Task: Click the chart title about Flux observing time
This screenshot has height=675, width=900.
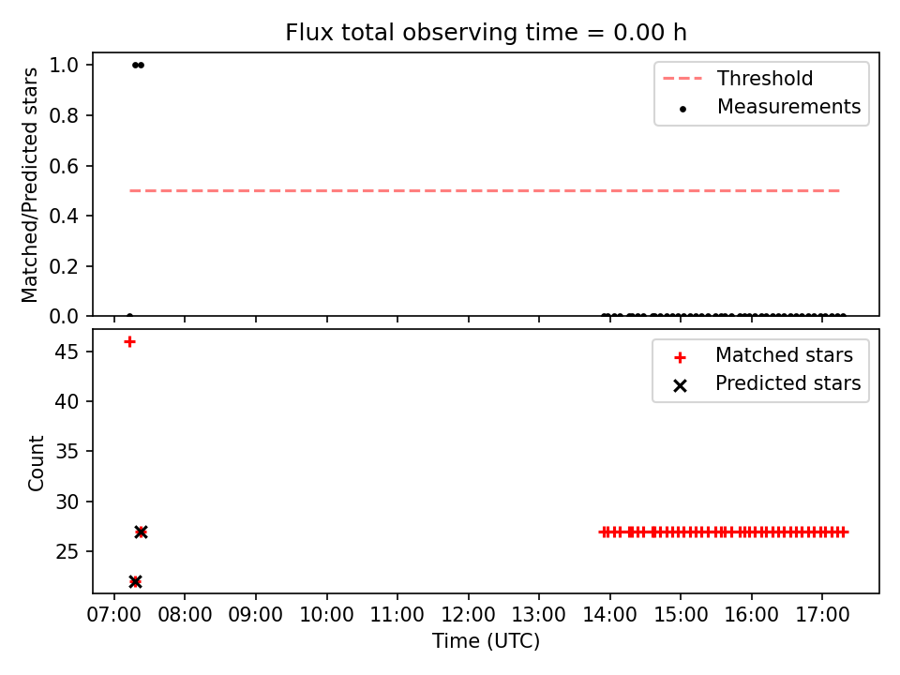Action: tap(486, 32)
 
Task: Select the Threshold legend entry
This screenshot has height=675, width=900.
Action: tap(738, 78)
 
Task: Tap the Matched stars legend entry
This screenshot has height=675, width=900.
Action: tap(763, 355)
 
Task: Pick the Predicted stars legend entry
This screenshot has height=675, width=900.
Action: tap(767, 383)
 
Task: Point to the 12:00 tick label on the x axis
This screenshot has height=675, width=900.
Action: tap(468, 615)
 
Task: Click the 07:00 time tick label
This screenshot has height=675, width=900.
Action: tap(113, 615)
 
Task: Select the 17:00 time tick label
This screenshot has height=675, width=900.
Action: tap(822, 615)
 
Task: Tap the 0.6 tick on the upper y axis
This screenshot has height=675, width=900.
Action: tap(64, 166)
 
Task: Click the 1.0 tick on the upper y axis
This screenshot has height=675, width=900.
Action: tap(64, 65)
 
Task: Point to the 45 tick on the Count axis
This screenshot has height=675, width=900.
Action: tap(67, 352)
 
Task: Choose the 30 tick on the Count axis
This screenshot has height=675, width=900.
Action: tap(67, 502)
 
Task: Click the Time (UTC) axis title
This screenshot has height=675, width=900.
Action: tap(486, 640)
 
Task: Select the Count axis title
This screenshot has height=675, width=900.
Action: tap(36, 462)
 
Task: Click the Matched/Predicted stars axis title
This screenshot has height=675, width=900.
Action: tap(29, 185)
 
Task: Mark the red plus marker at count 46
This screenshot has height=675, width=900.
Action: tap(129, 342)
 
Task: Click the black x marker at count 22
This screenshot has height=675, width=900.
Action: tap(135, 581)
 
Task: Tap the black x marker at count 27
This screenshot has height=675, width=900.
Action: tap(142, 532)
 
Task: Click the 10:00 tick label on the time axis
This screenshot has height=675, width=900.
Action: tap(326, 615)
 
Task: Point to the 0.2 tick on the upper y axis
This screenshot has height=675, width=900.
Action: tap(64, 266)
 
